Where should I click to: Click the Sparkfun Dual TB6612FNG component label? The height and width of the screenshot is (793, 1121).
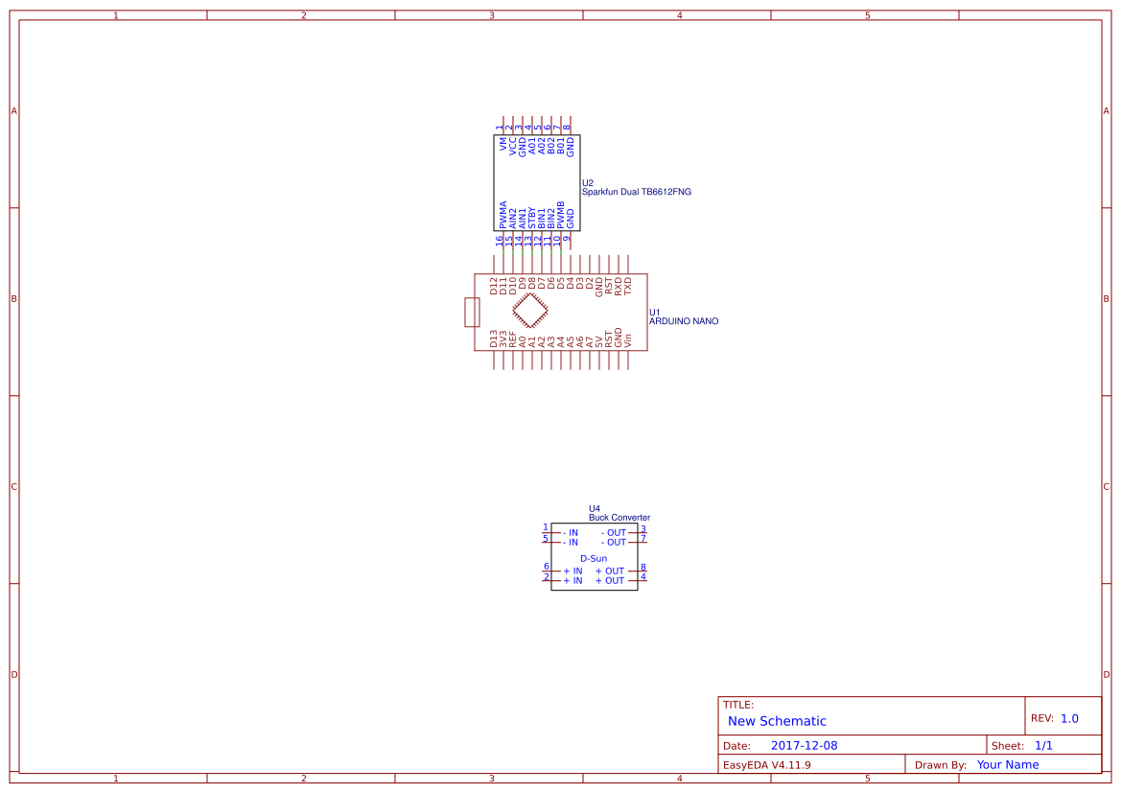click(x=637, y=192)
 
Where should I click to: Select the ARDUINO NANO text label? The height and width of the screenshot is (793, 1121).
click(x=684, y=321)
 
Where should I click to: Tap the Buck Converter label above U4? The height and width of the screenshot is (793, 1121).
click(x=619, y=518)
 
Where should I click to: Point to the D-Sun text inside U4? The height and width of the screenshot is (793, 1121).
click(x=594, y=558)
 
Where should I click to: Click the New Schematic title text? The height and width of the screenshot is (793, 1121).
click(x=777, y=721)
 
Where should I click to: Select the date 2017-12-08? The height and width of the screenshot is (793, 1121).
click(x=804, y=745)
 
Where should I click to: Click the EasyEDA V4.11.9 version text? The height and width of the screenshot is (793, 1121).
click(x=766, y=765)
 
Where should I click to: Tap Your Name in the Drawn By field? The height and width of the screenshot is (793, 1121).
click(x=1007, y=764)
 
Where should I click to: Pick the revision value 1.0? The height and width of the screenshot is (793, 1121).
click(x=1069, y=718)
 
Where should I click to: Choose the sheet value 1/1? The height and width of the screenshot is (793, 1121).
click(x=1043, y=746)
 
